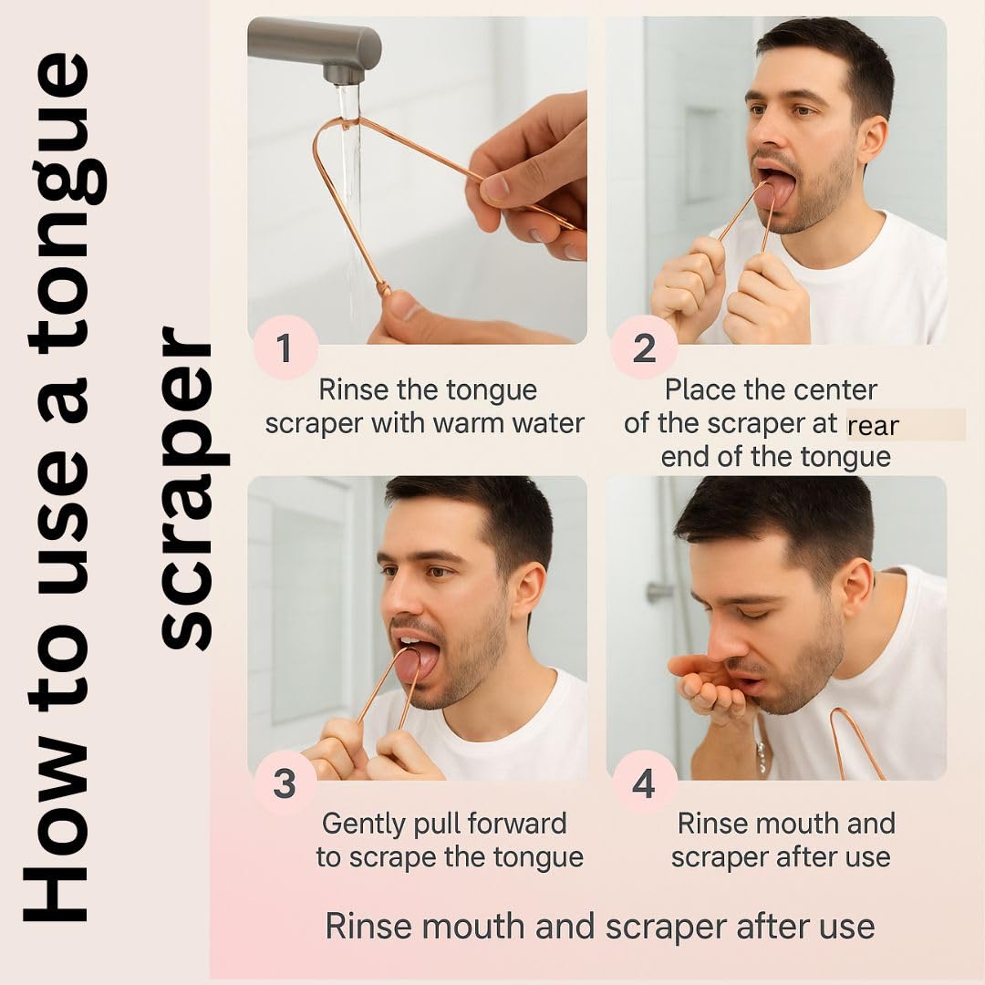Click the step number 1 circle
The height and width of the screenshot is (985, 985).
coord(284,348)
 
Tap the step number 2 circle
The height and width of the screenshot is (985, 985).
coord(644,348)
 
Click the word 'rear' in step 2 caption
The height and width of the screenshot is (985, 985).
coord(873,426)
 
